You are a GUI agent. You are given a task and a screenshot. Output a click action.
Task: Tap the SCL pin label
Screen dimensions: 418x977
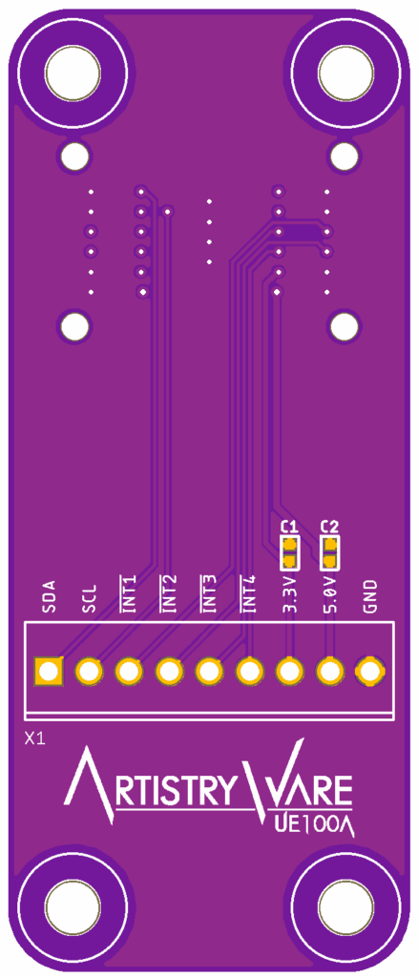[89, 597]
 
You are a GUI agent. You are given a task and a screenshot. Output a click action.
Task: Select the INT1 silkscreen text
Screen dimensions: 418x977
[129, 594]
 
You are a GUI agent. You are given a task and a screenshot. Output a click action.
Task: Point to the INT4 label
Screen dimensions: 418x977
[248, 594]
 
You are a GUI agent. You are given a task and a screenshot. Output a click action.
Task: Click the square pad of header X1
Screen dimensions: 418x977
[49, 672]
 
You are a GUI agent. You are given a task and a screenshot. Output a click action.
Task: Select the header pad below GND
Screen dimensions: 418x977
[369, 672]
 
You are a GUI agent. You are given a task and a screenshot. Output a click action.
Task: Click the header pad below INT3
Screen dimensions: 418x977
[209, 672]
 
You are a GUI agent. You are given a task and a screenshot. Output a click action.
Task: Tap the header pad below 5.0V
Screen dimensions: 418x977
[329, 672]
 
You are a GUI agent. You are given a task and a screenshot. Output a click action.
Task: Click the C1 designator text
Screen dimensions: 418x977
[290, 527]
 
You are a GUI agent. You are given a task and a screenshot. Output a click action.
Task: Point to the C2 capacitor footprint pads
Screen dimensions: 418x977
[329, 552]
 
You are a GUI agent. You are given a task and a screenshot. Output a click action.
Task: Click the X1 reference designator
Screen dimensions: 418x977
[35, 739]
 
